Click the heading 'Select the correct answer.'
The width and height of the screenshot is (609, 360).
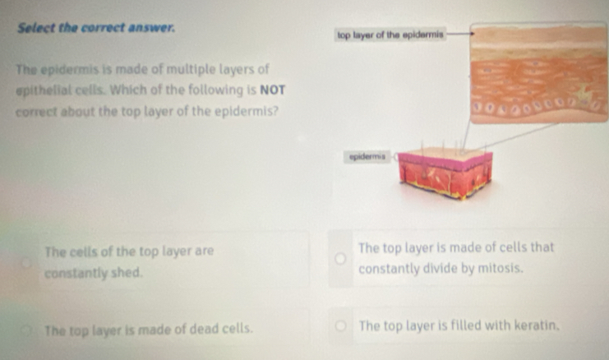point(96,28)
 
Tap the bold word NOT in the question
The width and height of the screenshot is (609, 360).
point(273,90)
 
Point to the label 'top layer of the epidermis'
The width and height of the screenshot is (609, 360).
point(390,35)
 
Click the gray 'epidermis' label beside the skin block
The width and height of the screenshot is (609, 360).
point(367,157)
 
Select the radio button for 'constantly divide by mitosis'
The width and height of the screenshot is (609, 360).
point(340,258)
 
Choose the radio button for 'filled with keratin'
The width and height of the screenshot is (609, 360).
point(340,325)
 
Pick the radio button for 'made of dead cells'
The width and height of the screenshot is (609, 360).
point(26,330)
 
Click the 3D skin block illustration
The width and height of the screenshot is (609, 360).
point(445,173)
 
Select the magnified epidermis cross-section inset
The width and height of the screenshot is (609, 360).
point(539,73)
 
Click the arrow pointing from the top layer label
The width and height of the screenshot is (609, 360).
point(459,34)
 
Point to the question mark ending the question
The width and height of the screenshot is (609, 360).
point(275,112)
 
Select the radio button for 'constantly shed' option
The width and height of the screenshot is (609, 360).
point(26,263)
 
